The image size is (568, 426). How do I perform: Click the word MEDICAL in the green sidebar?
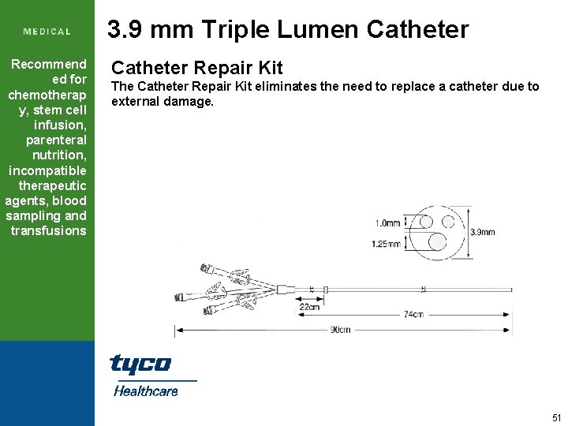[x=47, y=32]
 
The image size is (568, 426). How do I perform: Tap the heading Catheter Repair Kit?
[x=196, y=68]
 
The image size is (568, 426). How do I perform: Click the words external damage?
[x=163, y=101]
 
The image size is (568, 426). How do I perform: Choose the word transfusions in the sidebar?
[x=48, y=230]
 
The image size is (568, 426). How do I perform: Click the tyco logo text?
[x=140, y=364]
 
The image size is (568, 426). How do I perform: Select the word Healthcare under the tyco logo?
[x=146, y=390]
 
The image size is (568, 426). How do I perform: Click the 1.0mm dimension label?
[x=387, y=223]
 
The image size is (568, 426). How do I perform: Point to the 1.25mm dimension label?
[x=387, y=243]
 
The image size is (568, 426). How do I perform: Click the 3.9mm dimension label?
[x=482, y=232]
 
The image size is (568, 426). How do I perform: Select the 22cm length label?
[x=309, y=308]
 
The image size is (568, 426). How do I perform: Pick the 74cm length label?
[x=413, y=314]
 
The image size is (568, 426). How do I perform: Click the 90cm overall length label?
[x=341, y=329]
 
